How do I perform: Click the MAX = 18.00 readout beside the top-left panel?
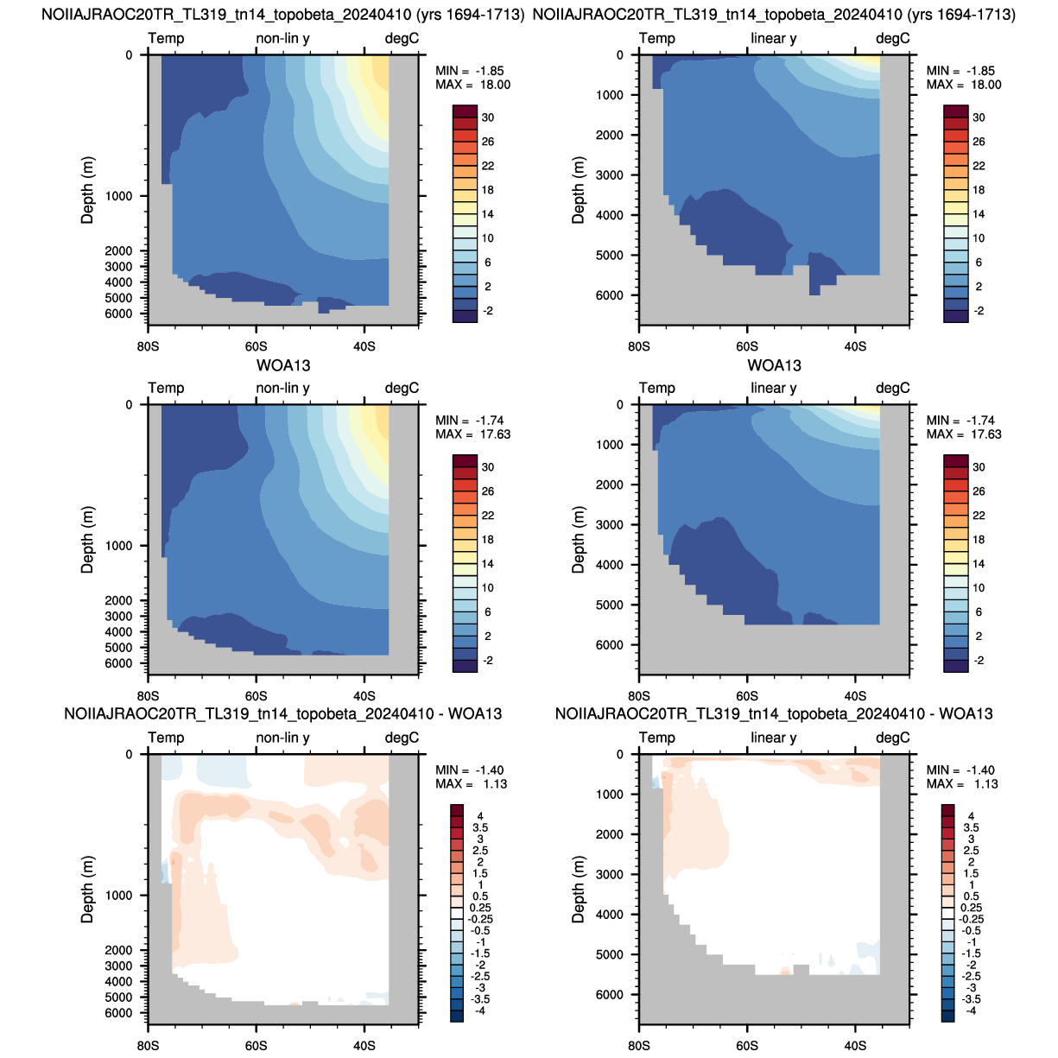[472, 85]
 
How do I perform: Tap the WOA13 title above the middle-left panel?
[282, 365]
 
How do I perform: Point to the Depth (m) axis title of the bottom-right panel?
[578, 889]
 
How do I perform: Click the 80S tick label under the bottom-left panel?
[148, 1045]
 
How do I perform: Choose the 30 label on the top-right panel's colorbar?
[979, 117]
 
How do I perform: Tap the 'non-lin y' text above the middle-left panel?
[282, 388]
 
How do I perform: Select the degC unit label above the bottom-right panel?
[893, 738]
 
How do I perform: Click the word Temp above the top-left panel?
[166, 38]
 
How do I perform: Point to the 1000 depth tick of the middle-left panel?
[118, 546]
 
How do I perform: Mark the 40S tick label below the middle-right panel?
[855, 696]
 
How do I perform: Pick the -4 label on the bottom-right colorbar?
[971, 1010]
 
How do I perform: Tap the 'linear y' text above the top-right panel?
[774, 38]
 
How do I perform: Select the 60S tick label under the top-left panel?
[256, 346]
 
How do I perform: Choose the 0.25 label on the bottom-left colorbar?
[480, 908]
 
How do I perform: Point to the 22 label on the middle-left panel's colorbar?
[488, 516]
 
